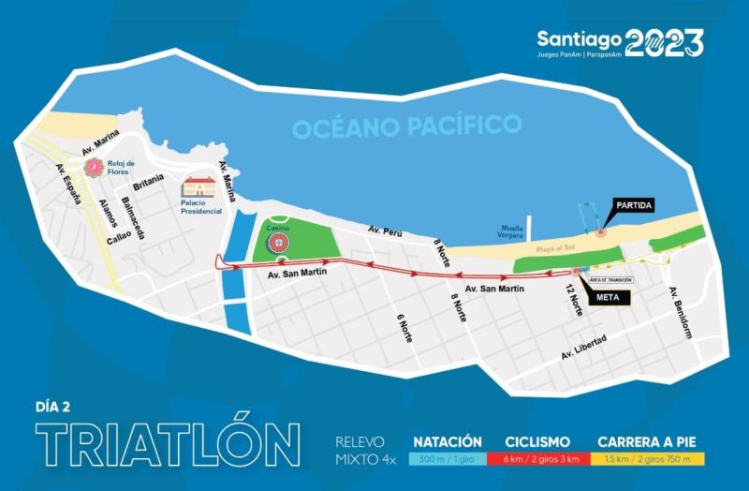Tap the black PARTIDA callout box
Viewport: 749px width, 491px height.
tap(634, 205)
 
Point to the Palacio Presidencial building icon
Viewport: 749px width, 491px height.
tap(198, 187)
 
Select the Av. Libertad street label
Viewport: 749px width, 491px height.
tap(584, 347)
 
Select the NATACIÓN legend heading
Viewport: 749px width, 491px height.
tap(448, 441)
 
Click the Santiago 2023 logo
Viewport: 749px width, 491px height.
tap(620, 42)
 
